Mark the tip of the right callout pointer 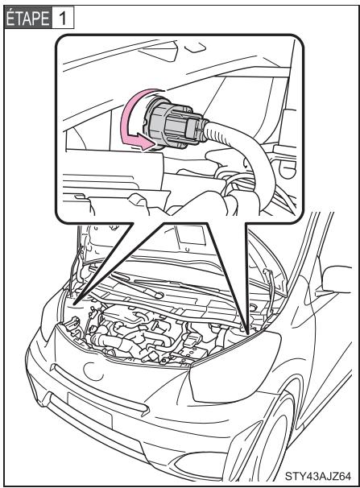pos(242,327)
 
